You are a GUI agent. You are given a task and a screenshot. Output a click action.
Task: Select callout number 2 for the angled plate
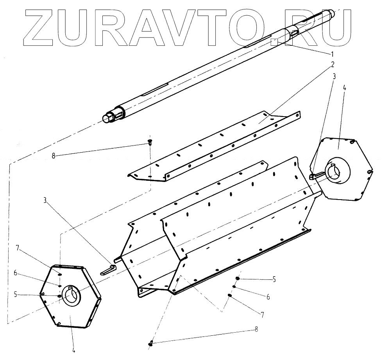pos(332,64)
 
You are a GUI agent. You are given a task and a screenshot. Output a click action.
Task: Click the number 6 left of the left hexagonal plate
pos(16,274)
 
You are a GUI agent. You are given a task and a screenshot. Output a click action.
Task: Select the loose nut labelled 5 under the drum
pos(238,278)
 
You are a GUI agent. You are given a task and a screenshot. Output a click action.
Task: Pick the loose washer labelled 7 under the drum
pos(229,295)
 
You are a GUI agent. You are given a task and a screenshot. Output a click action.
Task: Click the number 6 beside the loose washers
pos(268,297)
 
